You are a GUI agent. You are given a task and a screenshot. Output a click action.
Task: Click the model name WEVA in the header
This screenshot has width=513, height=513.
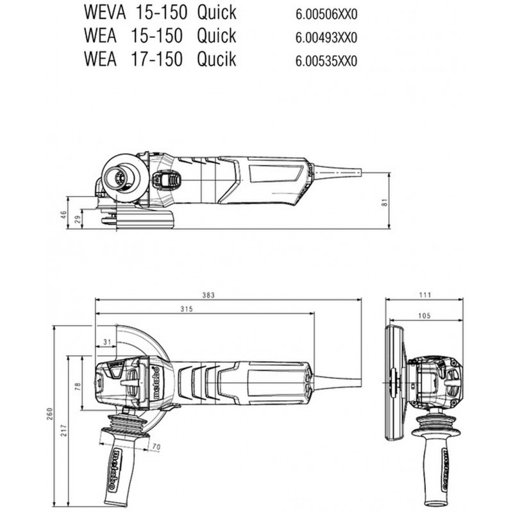[105, 12]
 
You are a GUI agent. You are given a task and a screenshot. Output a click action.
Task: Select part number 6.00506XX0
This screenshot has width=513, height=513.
[326, 14]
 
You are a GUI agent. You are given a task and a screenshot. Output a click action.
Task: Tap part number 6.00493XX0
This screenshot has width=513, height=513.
[326, 38]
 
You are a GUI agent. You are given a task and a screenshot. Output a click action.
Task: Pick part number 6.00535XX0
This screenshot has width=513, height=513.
[326, 62]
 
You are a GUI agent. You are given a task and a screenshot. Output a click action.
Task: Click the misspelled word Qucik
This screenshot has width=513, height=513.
[216, 59]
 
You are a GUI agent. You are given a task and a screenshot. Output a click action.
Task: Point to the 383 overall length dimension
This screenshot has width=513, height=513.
[208, 295]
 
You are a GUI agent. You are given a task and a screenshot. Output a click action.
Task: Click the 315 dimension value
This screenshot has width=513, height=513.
[187, 309]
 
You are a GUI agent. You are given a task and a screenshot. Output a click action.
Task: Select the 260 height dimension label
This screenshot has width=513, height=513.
[49, 414]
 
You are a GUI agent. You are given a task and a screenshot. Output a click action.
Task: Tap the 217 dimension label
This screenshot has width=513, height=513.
[63, 430]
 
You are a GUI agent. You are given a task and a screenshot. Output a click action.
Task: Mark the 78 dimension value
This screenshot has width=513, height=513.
[77, 387]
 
